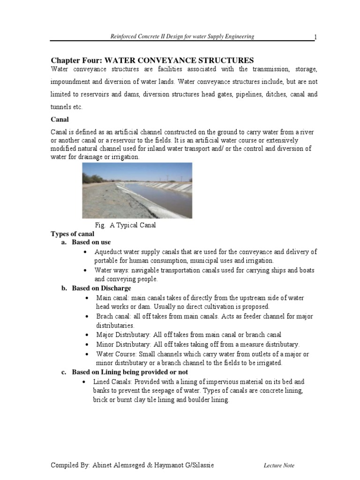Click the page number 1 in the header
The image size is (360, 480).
(x=315, y=37)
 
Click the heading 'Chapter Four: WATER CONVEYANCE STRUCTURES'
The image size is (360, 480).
(x=152, y=60)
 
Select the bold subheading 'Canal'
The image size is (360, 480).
(x=60, y=120)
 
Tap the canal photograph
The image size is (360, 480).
(x=137, y=190)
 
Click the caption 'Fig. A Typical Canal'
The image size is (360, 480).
(x=125, y=225)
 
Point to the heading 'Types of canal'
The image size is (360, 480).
(x=72, y=233)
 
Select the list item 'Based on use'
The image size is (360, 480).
(x=91, y=242)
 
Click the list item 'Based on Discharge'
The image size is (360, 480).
(x=101, y=288)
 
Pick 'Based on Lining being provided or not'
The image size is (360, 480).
(x=126, y=372)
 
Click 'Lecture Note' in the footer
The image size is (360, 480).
(x=279, y=465)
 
